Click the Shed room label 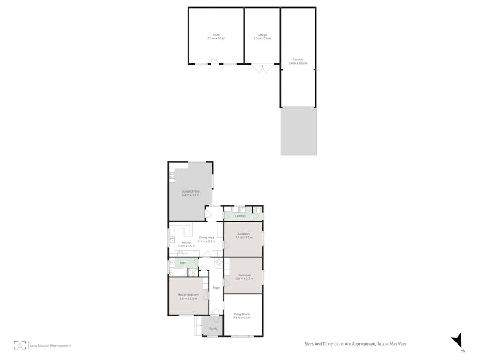pos(216,35)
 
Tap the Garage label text pos(262,35)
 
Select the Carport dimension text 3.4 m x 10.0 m pos(298,63)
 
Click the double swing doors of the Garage pos(262,68)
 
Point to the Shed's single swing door pos(214,61)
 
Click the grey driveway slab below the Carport pos(298,131)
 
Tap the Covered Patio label pos(190,191)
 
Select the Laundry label pos(241,216)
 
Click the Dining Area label pos(206,237)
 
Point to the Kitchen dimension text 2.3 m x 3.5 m pos(186,246)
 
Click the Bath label pos(183,263)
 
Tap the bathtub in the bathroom pos(178,272)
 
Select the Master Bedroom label pos(189,295)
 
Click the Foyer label pos(216,288)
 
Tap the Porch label pos(213,329)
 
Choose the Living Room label pos(242,314)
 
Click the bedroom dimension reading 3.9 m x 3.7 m pos(243,278)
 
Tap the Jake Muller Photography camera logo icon pos(20,345)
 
